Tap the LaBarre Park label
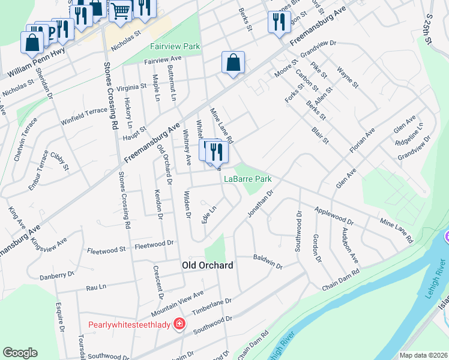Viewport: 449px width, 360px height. point(248,179)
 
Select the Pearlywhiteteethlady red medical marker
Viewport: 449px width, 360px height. point(179,325)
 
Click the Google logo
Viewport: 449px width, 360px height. point(20,353)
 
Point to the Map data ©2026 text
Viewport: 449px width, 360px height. point(423,355)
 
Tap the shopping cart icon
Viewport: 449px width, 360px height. point(121,10)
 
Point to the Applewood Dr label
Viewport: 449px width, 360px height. point(334,215)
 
